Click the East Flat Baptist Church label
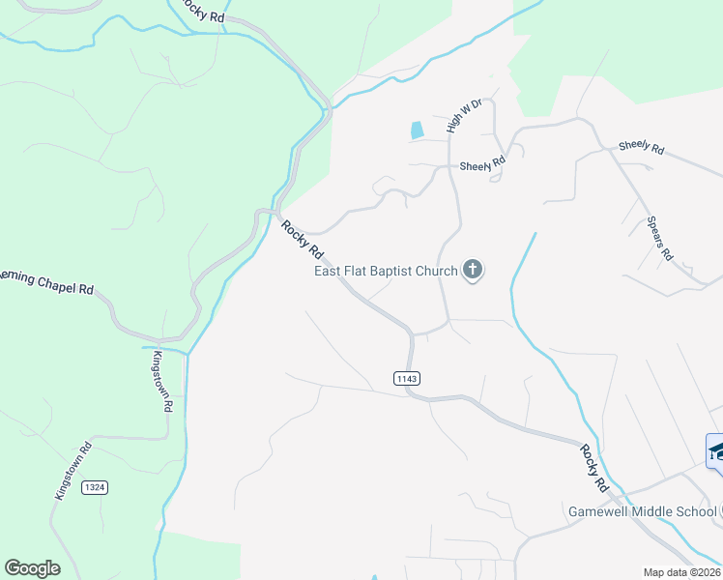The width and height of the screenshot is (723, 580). [x=386, y=272]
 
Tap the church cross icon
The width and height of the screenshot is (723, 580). [x=473, y=270]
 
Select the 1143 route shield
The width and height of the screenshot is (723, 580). [x=407, y=377]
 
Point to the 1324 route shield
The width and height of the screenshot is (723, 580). [x=94, y=486]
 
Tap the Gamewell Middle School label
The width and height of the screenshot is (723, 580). [x=641, y=510]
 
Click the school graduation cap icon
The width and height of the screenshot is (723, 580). [x=716, y=451]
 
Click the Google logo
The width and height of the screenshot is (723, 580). [x=32, y=568]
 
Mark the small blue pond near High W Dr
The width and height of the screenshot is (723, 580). [x=418, y=130]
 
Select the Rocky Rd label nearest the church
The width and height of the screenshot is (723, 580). [x=303, y=240]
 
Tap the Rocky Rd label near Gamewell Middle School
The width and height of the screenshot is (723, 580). [x=594, y=467]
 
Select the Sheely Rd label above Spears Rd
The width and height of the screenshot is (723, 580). [x=642, y=147]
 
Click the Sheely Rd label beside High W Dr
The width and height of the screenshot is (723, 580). [x=483, y=165]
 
